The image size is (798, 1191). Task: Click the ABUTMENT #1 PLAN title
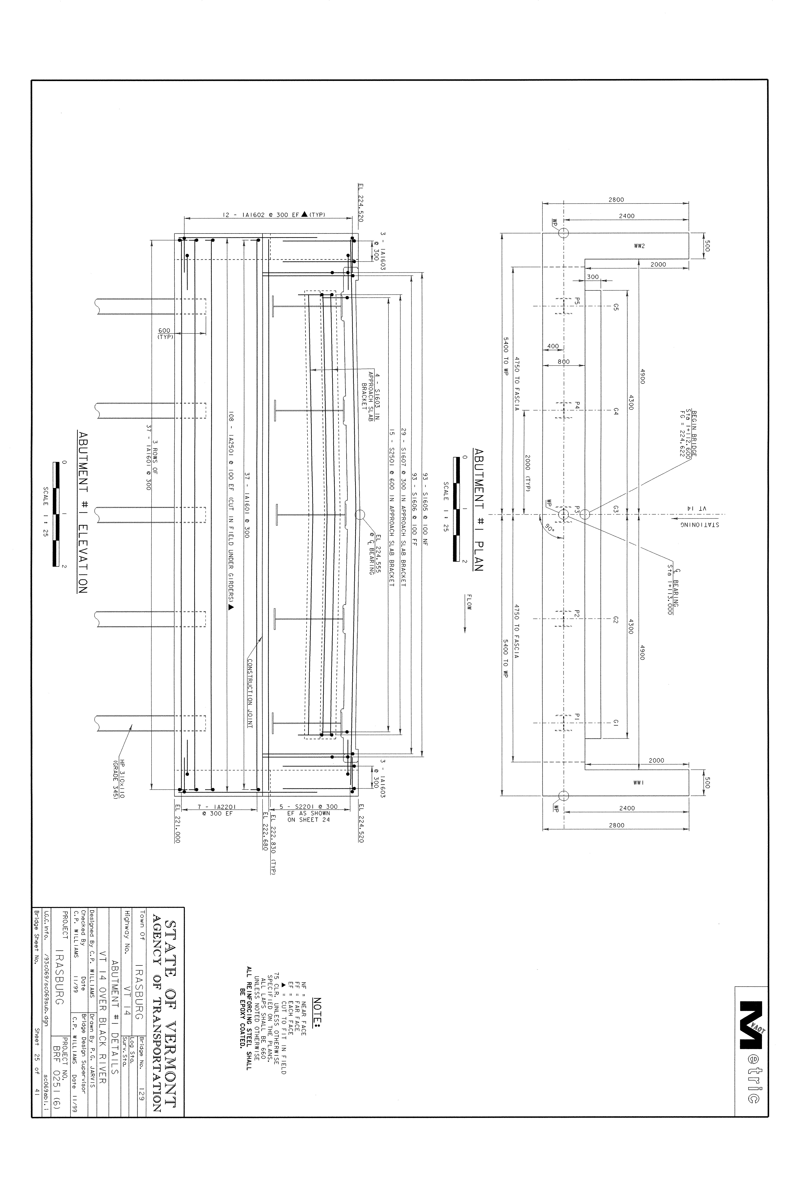tap(478, 510)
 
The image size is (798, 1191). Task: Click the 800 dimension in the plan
tap(563, 362)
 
